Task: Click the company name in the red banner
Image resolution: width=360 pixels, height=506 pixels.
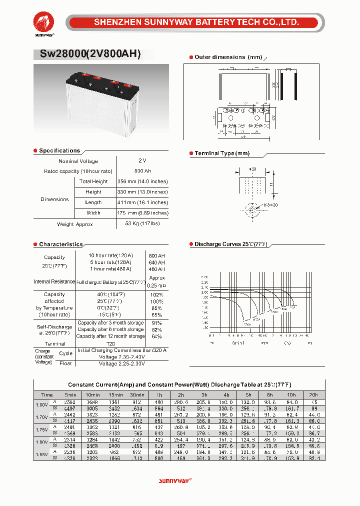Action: (x=197, y=22)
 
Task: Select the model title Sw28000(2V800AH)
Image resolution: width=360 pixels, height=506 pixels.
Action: (x=87, y=54)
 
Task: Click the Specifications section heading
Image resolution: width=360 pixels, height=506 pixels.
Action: (x=59, y=150)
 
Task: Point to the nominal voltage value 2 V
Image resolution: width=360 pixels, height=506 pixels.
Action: (x=142, y=161)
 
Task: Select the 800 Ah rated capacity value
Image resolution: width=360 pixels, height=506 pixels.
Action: (x=142, y=171)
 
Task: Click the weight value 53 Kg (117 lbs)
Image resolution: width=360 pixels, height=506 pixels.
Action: (x=142, y=223)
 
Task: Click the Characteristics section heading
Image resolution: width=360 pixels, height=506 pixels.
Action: (x=60, y=244)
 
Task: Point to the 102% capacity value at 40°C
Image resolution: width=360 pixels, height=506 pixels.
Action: (x=156, y=295)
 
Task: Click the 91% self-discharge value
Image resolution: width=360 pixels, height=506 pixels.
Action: (x=156, y=323)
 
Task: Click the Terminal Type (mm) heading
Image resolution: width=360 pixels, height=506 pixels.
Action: (x=221, y=153)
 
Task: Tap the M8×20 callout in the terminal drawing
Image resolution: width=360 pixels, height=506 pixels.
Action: (x=270, y=205)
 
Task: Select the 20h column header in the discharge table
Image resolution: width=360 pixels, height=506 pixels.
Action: (x=314, y=394)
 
